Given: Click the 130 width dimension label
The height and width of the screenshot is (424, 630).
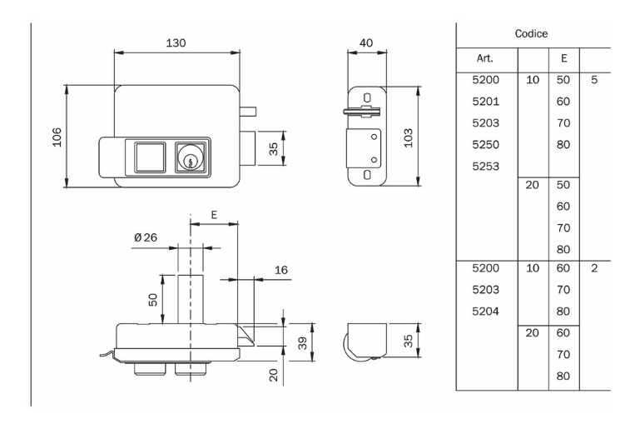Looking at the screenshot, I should [x=175, y=43].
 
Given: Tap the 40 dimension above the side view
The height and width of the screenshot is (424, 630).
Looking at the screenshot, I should [x=366, y=43].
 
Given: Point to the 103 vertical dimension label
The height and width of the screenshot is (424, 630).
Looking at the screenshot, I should [x=409, y=136].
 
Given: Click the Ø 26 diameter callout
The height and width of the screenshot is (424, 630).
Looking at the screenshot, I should [x=145, y=238].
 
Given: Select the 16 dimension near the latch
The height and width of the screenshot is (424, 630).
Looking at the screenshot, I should [x=279, y=271].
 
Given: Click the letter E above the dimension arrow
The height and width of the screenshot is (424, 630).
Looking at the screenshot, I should [x=214, y=215].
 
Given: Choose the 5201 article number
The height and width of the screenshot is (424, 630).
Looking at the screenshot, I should [x=485, y=101].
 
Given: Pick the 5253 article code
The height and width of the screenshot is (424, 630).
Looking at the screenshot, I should [x=485, y=166].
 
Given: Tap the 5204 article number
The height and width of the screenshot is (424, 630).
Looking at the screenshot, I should [x=485, y=312].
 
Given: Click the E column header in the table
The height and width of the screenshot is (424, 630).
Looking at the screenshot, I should [x=563, y=59].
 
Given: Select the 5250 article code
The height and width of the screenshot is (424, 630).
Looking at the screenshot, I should [x=485, y=144].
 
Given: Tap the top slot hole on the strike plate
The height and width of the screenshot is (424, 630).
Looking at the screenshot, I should [x=367, y=97].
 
